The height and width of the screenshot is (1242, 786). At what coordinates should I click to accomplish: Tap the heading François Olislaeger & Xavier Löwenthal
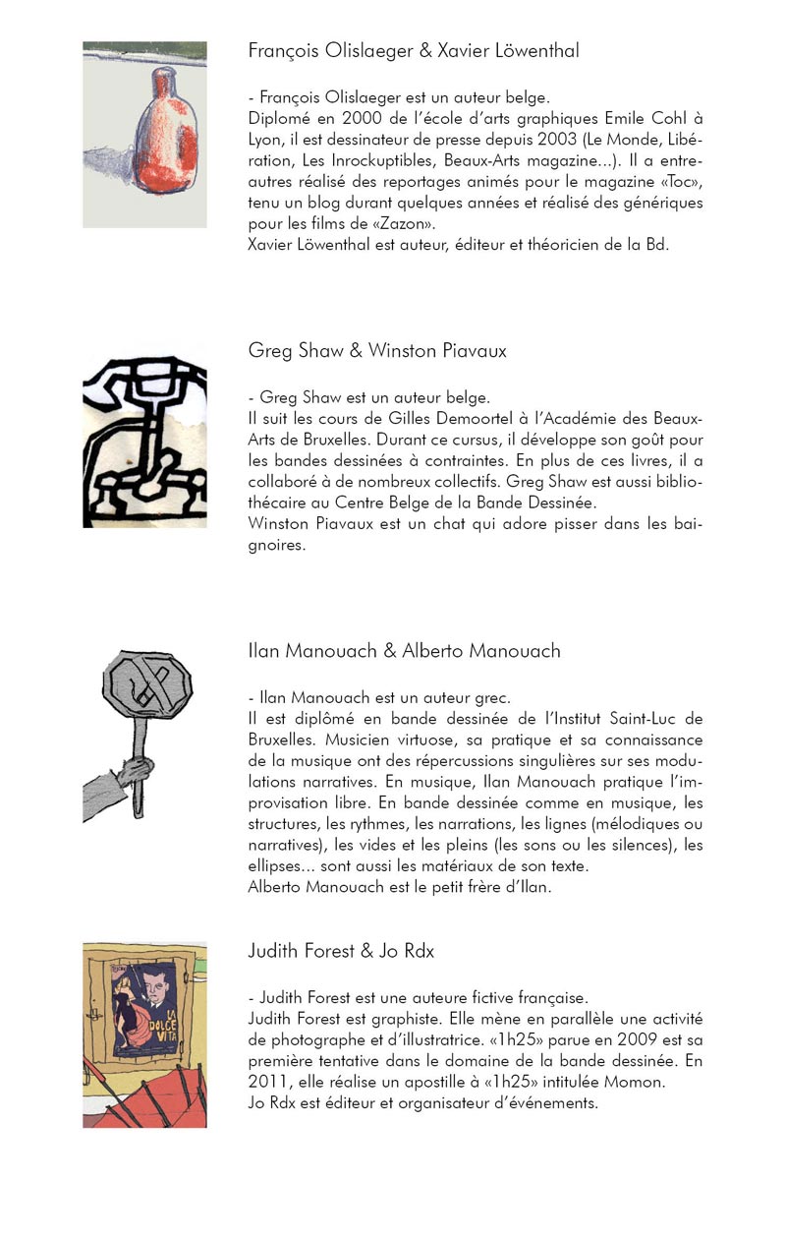pos(413,51)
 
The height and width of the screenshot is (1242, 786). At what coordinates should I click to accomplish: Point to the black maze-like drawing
pos(144,437)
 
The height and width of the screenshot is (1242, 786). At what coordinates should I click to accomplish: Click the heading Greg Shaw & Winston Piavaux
pos(377,351)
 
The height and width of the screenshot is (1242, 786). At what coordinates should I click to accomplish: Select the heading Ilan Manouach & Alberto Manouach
pos(404,651)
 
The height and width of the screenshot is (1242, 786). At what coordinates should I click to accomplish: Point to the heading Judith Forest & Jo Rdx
pos(341,951)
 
